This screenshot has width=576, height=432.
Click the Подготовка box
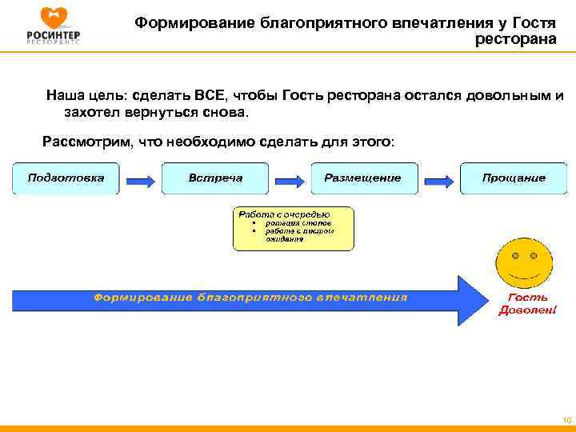click(x=66, y=178)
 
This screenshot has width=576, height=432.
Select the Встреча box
click(x=215, y=178)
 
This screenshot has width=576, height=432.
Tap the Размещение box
click(x=362, y=178)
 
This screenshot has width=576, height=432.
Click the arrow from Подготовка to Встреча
click(x=141, y=178)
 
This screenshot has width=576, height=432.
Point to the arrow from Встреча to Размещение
click(x=290, y=178)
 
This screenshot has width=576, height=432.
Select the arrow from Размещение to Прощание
click(x=438, y=178)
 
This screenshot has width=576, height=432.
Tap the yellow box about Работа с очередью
click(x=294, y=230)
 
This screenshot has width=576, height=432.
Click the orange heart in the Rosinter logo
click(x=53, y=15)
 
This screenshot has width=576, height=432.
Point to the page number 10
click(x=566, y=419)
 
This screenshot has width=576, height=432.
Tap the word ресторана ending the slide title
click(x=516, y=38)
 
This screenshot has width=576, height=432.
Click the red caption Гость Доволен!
click(x=527, y=304)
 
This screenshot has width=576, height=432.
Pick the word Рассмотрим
click(x=86, y=142)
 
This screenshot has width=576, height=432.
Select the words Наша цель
click(x=78, y=96)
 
